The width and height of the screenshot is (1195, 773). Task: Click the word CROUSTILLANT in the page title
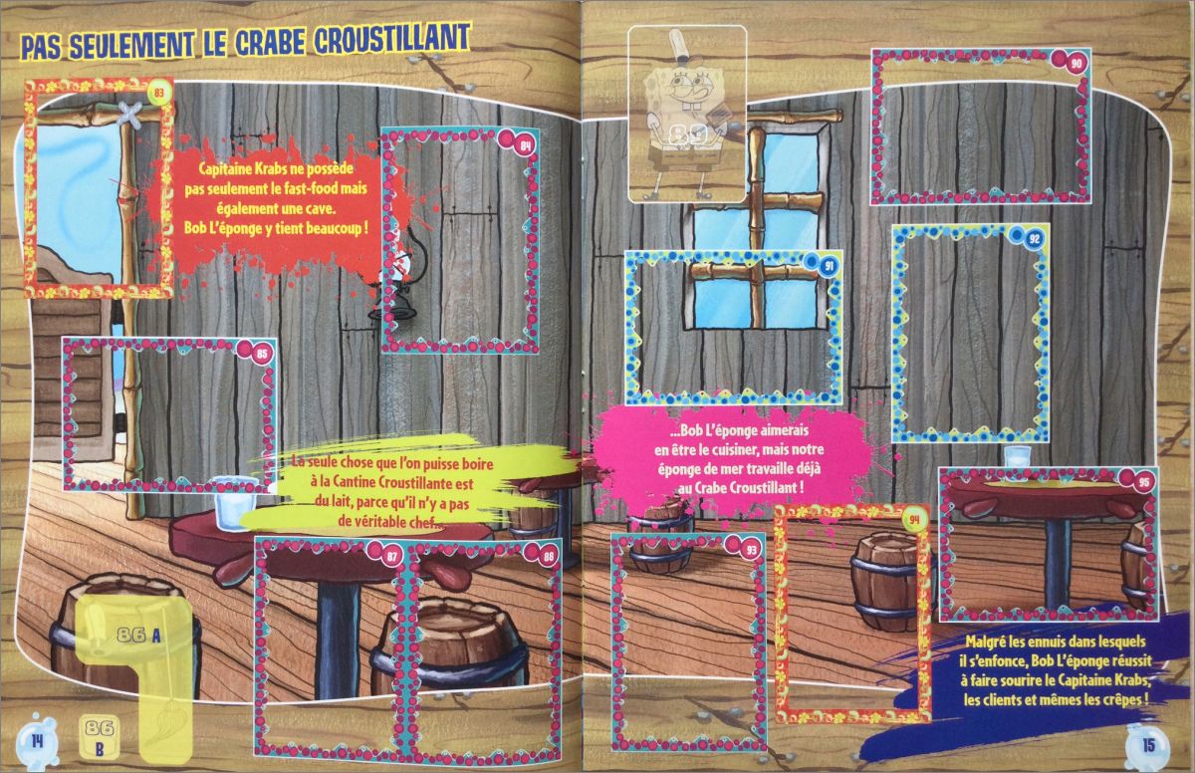[392, 39]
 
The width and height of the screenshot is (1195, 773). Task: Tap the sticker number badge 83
[158, 94]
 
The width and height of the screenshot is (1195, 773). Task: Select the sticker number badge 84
[526, 146]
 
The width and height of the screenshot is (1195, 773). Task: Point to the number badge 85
[261, 354]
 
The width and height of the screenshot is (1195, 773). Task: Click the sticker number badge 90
[1076, 64]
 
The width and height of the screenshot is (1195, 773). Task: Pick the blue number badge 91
[829, 265]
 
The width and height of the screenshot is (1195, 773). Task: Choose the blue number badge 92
[1034, 238]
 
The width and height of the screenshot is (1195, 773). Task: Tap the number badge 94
[915, 519]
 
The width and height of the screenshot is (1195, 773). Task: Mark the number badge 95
[1143, 482]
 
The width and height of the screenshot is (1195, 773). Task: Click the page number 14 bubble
[37, 741]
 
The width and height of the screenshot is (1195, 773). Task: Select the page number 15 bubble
[1147, 744]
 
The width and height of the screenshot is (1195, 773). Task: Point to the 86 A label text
[138, 635]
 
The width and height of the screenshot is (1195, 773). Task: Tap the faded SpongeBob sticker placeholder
[687, 114]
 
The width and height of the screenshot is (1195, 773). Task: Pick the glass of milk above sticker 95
[1017, 463]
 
